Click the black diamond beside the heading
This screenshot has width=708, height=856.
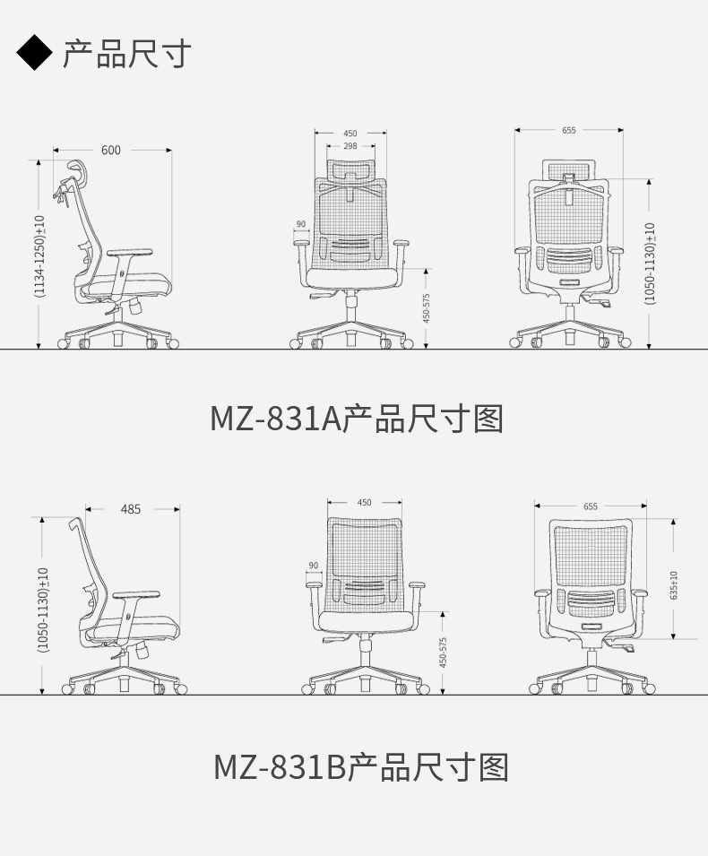[x=34, y=53]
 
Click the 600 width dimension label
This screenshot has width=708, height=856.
[x=111, y=150]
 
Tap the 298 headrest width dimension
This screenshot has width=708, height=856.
[x=350, y=146]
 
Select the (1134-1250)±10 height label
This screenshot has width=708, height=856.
[x=39, y=256]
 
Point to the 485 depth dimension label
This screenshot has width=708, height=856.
[x=131, y=509]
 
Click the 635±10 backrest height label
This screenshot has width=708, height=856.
[x=674, y=584]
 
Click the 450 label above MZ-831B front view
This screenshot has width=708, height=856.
[x=364, y=502]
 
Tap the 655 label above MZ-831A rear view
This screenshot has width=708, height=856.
[x=569, y=130]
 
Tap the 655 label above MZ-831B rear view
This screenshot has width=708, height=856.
[x=591, y=506]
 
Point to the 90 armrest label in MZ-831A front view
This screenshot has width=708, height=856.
[x=301, y=224]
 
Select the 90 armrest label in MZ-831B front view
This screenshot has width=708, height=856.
[x=314, y=565]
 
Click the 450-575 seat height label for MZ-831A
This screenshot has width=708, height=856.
[x=427, y=308]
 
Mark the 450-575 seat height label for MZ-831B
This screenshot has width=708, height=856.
[x=443, y=652]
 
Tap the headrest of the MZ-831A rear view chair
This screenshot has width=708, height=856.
[x=568, y=169]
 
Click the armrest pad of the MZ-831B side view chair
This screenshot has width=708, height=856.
[x=136, y=594]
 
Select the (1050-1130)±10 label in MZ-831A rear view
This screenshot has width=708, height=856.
[x=650, y=264]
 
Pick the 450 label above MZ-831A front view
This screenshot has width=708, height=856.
[x=350, y=134]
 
